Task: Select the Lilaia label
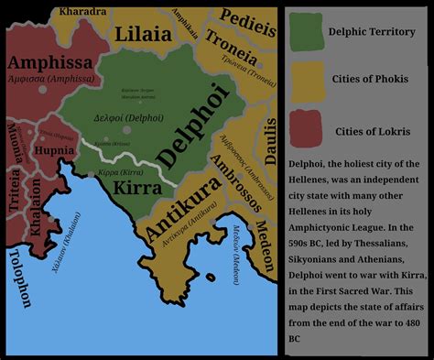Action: tap(145, 34)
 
